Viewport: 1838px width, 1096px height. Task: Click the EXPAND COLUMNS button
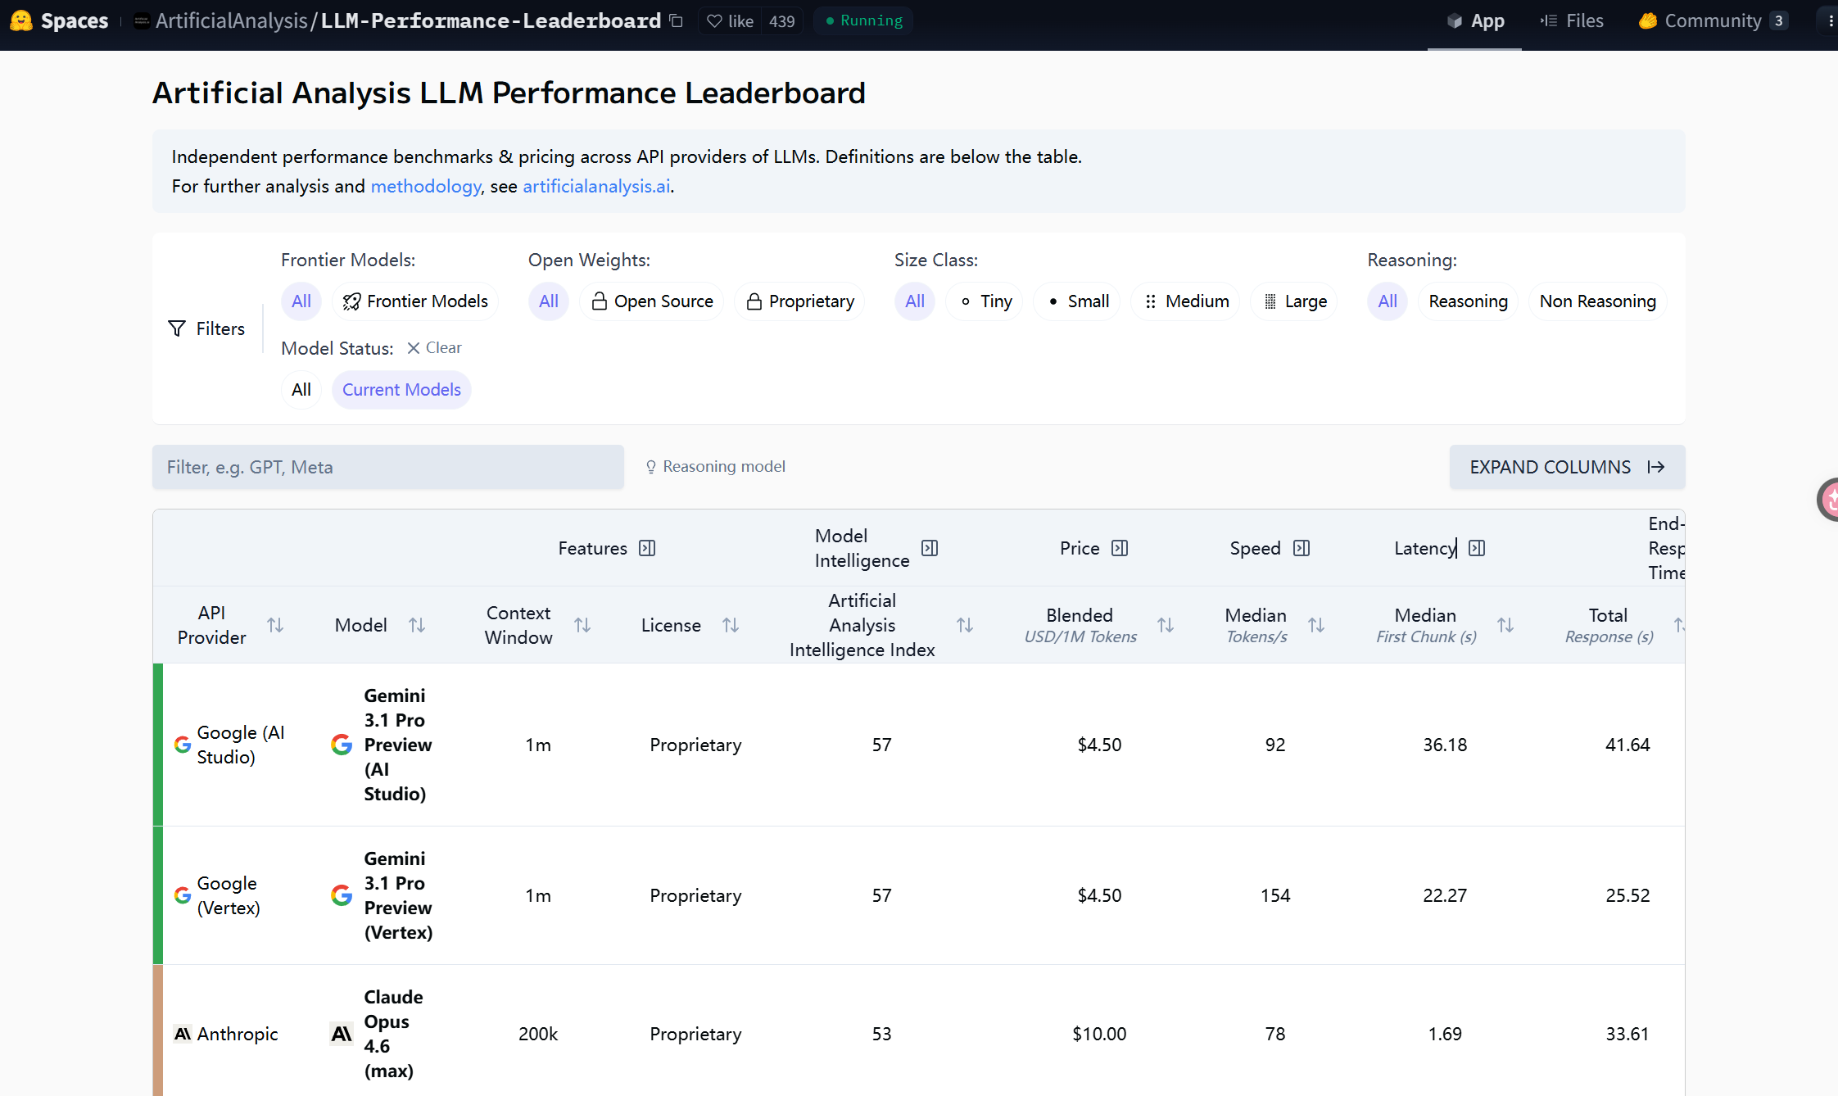click(1567, 467)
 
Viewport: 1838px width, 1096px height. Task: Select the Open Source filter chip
click(652, 301)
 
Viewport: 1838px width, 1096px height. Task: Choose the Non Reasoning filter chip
click(1597, 301)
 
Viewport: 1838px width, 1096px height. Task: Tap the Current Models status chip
click(401, 390)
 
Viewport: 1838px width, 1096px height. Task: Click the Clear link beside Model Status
click(435, 348)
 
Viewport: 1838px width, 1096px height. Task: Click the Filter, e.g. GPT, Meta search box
click(388, 467)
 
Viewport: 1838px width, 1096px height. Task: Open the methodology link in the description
click(426, 187)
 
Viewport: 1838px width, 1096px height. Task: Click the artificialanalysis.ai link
click(596, 187)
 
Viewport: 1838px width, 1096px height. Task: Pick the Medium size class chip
click(1186, 301)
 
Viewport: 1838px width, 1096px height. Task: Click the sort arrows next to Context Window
click(582, 625)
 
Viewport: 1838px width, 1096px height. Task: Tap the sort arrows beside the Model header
click(417, 625)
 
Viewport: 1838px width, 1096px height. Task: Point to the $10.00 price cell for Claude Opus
click(1099, 1034)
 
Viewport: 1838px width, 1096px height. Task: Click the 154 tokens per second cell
click(1275, 895)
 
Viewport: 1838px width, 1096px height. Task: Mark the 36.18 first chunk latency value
click(1445, 745)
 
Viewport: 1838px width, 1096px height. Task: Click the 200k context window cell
click(538, 1034)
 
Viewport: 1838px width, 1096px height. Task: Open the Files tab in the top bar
click(1572, 21)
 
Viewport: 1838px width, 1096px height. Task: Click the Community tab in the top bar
click(1713, 21)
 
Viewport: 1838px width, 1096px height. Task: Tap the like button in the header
click(731, 21)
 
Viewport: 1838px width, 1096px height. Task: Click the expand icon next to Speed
click(1302, 548)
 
